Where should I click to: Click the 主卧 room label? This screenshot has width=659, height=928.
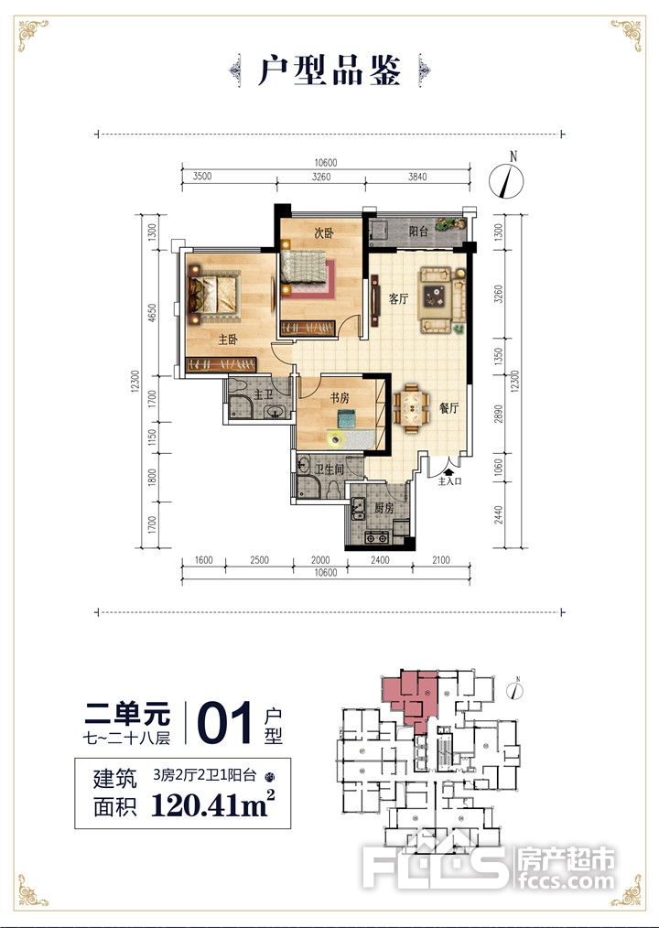coord(228,340)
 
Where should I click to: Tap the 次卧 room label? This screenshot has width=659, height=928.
coord(324,233)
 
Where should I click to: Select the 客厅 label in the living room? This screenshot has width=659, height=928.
coord(398,299)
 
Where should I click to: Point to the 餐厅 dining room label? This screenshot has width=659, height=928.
coord(448,408)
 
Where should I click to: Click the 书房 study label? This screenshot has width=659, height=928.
coord(340,398)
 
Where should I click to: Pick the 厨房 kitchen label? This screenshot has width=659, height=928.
coord(384,508)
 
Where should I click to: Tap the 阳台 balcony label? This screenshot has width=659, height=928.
coord(418,232)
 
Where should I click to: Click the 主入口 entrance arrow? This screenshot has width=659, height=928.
coord(448,472)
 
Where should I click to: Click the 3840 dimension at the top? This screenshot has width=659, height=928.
coord(417,177)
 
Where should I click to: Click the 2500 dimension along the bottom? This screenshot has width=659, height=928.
coord(259,560)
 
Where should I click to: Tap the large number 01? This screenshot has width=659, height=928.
coord(225,723)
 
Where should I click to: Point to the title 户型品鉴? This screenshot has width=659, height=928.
coord(329,71)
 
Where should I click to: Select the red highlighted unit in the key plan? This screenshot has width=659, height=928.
coord(412,698)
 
